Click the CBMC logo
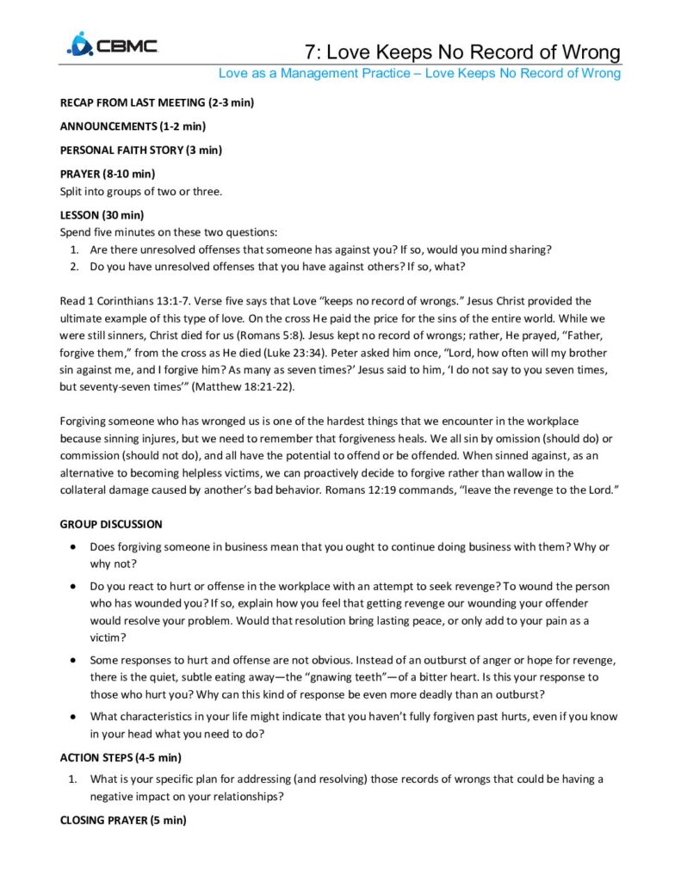click(112, 44)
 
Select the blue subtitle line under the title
click(418, 73)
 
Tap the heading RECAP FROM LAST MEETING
click(156, 102)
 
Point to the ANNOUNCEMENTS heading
click(132, 126)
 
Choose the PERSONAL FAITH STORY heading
click(140, 150)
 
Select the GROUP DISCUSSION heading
click(110, 524)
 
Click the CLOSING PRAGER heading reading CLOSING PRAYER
click(122, 820)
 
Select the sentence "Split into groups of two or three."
click(140, 191)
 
